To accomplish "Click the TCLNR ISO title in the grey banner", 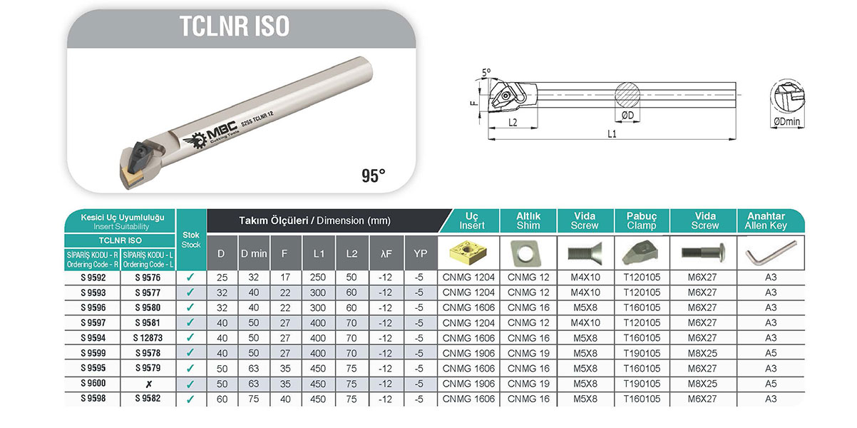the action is click(x=235, y=26).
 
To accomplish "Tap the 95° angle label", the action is click(x=374, y=175).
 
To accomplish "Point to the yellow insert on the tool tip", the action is click(x=131, y=177).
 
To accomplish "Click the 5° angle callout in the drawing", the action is click(x=486, y=73).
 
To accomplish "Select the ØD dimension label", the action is click(x=627, y=116).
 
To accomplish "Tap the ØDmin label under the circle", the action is click(x=786, y=121).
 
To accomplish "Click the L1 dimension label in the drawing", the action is click(x=612, y=133).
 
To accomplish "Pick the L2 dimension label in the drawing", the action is click(x=513, y=123).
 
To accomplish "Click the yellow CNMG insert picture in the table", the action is click(x=468, y=252).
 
